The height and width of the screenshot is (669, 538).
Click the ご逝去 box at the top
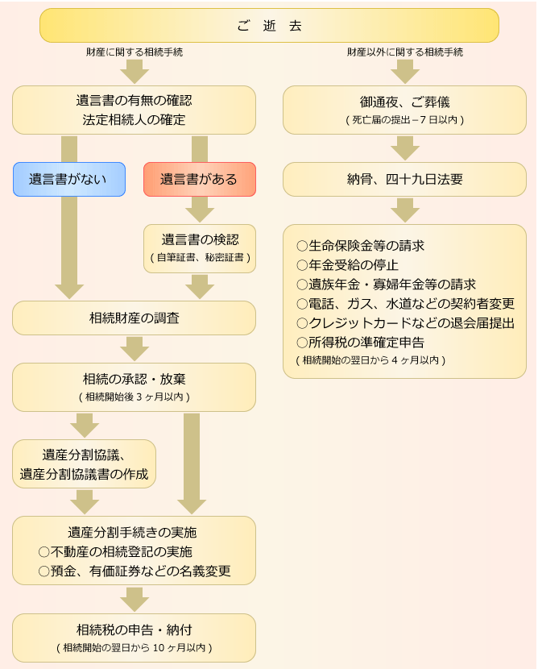click(269, 25)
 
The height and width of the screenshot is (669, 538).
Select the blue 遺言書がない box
click(68, 179)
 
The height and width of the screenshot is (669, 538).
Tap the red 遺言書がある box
click(199, 179)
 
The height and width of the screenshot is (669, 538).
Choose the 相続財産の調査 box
click(134, 318)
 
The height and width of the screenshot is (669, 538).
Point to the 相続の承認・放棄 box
click(134, 386)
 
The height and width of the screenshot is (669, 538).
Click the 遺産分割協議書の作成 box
click(84, 463)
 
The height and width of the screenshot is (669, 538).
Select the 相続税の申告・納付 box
click(134, 637)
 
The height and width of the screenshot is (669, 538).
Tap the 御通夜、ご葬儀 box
click(404, 110)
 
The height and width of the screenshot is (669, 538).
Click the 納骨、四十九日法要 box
click(404, 179)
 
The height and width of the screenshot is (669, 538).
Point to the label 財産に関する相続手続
click(134, 52)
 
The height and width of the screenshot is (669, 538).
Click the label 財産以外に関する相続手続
click(405, 52)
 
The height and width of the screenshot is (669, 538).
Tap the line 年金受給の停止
click(347, 264)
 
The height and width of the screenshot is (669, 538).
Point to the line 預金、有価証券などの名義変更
click(134, 571)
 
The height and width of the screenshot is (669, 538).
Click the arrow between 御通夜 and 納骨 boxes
click(405, 148)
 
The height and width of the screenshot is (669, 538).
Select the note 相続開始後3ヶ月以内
click(134, 397)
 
